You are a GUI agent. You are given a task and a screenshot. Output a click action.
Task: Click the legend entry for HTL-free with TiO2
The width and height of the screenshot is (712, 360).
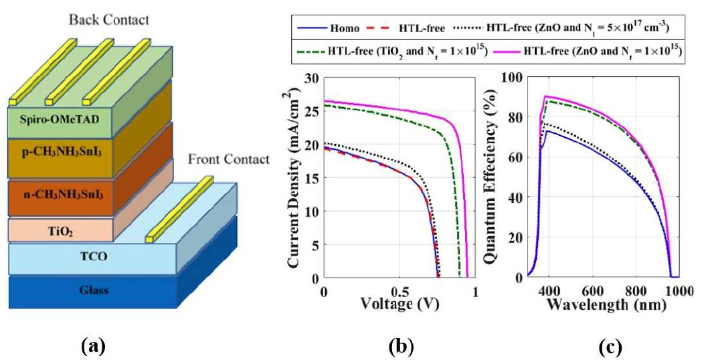point(406,52)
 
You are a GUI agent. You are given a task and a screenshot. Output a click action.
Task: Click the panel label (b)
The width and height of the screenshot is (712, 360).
point(400,347)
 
